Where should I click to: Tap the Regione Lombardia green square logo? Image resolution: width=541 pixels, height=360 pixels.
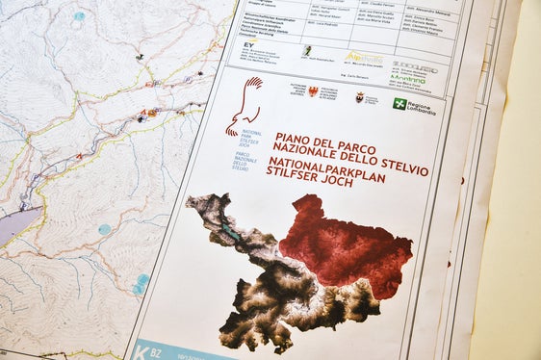click(399, 102)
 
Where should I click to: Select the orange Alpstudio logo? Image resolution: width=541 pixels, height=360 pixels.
click(363, 58)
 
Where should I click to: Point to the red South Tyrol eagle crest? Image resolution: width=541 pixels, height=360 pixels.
click(313, 91)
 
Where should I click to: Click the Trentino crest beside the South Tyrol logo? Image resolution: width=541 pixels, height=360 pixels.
click(360, 97)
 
